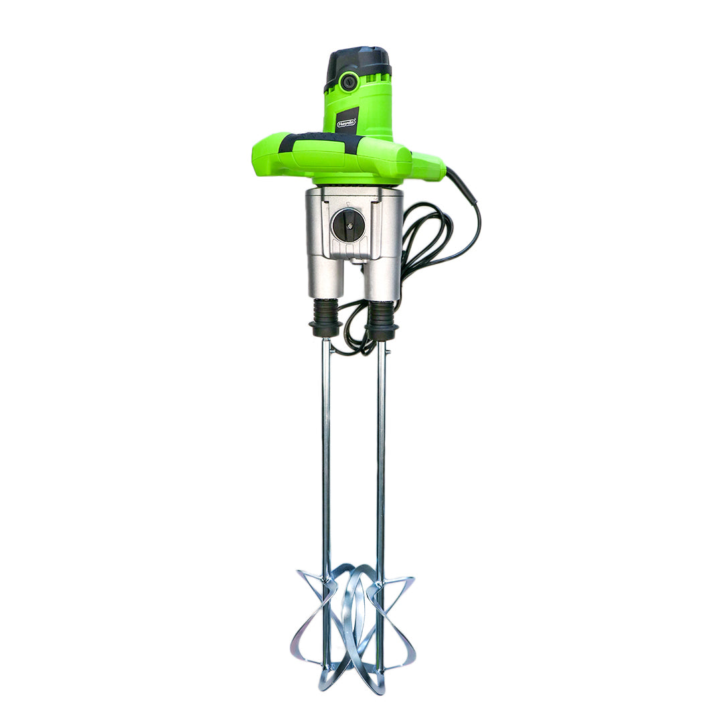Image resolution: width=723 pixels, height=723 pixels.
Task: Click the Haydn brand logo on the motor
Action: point(346,123)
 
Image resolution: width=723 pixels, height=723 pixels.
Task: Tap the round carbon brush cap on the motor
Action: point(347,82)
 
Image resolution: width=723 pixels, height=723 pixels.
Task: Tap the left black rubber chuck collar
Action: point(326,319)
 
